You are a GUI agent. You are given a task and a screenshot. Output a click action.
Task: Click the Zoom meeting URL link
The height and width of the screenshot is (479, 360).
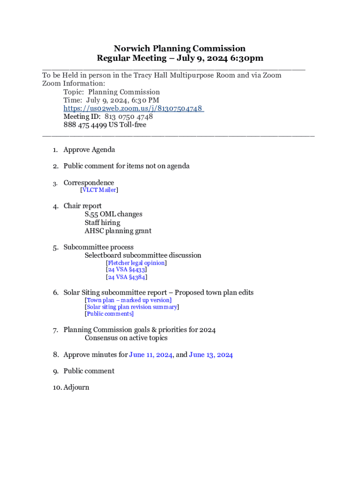click(x=133, y=109)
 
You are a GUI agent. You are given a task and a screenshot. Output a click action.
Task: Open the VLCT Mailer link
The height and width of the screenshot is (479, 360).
click(x=99, y=190)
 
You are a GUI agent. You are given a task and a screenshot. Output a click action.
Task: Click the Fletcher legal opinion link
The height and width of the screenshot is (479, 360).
click(x=136, y=263)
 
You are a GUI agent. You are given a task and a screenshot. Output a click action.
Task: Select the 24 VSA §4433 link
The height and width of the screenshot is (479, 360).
click(x=127, y=270)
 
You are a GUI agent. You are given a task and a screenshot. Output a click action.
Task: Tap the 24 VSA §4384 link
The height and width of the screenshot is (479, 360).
click(x=127, y=277)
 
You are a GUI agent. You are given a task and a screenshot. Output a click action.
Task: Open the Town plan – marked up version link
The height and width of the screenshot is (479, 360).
click(x=128, y=300)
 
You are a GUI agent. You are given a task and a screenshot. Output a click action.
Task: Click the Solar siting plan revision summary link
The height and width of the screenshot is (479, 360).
click(x=132, y=307)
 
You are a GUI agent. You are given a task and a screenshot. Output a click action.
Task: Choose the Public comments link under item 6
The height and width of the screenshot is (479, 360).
click(x=109, y=314)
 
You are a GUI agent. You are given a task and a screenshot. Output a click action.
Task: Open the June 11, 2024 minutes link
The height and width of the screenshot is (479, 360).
click(x=151, y=355)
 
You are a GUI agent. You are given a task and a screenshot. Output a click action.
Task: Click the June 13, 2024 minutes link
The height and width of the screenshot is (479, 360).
click(x=211, y=355)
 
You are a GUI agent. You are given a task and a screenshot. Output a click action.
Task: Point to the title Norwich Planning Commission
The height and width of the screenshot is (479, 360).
click(x=180, y=49)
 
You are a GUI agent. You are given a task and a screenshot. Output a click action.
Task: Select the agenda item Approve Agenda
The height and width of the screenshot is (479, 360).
click(x=89, y=150)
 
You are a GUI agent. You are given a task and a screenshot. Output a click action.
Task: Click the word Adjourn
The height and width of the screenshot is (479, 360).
click(x=76, y=387)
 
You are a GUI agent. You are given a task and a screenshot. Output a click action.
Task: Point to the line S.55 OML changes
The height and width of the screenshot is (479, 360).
click(x=114, y=214)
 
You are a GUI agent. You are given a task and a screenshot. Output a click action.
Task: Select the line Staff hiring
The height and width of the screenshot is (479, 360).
click(x=102, y=223)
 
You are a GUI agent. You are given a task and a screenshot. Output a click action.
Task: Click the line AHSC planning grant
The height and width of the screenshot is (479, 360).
click(x=118, y=231)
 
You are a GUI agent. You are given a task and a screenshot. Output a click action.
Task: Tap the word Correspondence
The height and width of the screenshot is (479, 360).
click(x=89, y=182)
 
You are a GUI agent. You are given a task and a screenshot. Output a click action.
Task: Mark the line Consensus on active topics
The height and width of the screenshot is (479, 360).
click(x=126, y=338)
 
